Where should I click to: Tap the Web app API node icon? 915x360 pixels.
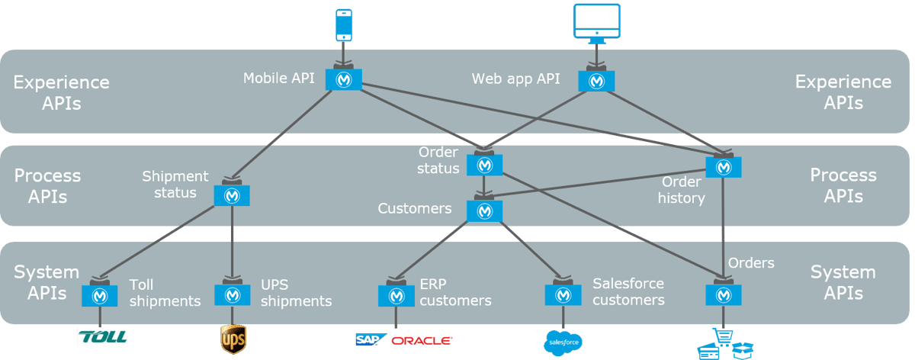tap(596, 80)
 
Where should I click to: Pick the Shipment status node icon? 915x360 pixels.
tap(232, 194)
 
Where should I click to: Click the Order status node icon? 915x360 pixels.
tap(483, 165)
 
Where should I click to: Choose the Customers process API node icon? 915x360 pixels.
tap(484, 210)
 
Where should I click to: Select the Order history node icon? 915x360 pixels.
tap(722, 166)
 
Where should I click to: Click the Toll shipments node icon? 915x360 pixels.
tap(99, 294)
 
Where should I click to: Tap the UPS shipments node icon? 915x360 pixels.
tap(232, 294)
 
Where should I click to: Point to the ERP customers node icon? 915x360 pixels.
tap(396, 294)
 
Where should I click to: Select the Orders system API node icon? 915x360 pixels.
tap(722, 294)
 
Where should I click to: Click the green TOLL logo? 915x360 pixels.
tap(102, 337)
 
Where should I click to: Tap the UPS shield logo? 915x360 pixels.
tap(233, 339)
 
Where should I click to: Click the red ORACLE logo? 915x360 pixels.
tap(422, 340)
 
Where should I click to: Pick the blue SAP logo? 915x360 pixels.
tap(371, 339)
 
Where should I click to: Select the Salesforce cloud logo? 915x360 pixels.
tap(564, 343)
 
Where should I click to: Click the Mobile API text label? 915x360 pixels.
tap(279, 78)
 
